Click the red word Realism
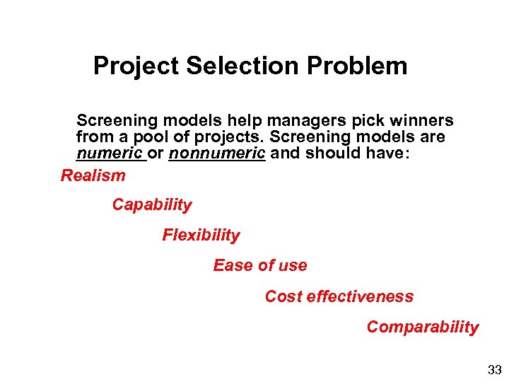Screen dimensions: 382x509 [x=93, y=175]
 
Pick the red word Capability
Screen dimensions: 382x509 [x=152, y=205]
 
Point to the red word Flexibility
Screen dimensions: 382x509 [x=201, y=236]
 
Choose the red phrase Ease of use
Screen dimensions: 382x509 [x=260, y=266]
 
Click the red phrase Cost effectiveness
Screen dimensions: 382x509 [x=339, y=296]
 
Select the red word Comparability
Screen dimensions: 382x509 [x=422, y=327]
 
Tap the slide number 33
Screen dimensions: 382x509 [x=493, y=369]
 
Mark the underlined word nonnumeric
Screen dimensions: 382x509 [x=216, y=154]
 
